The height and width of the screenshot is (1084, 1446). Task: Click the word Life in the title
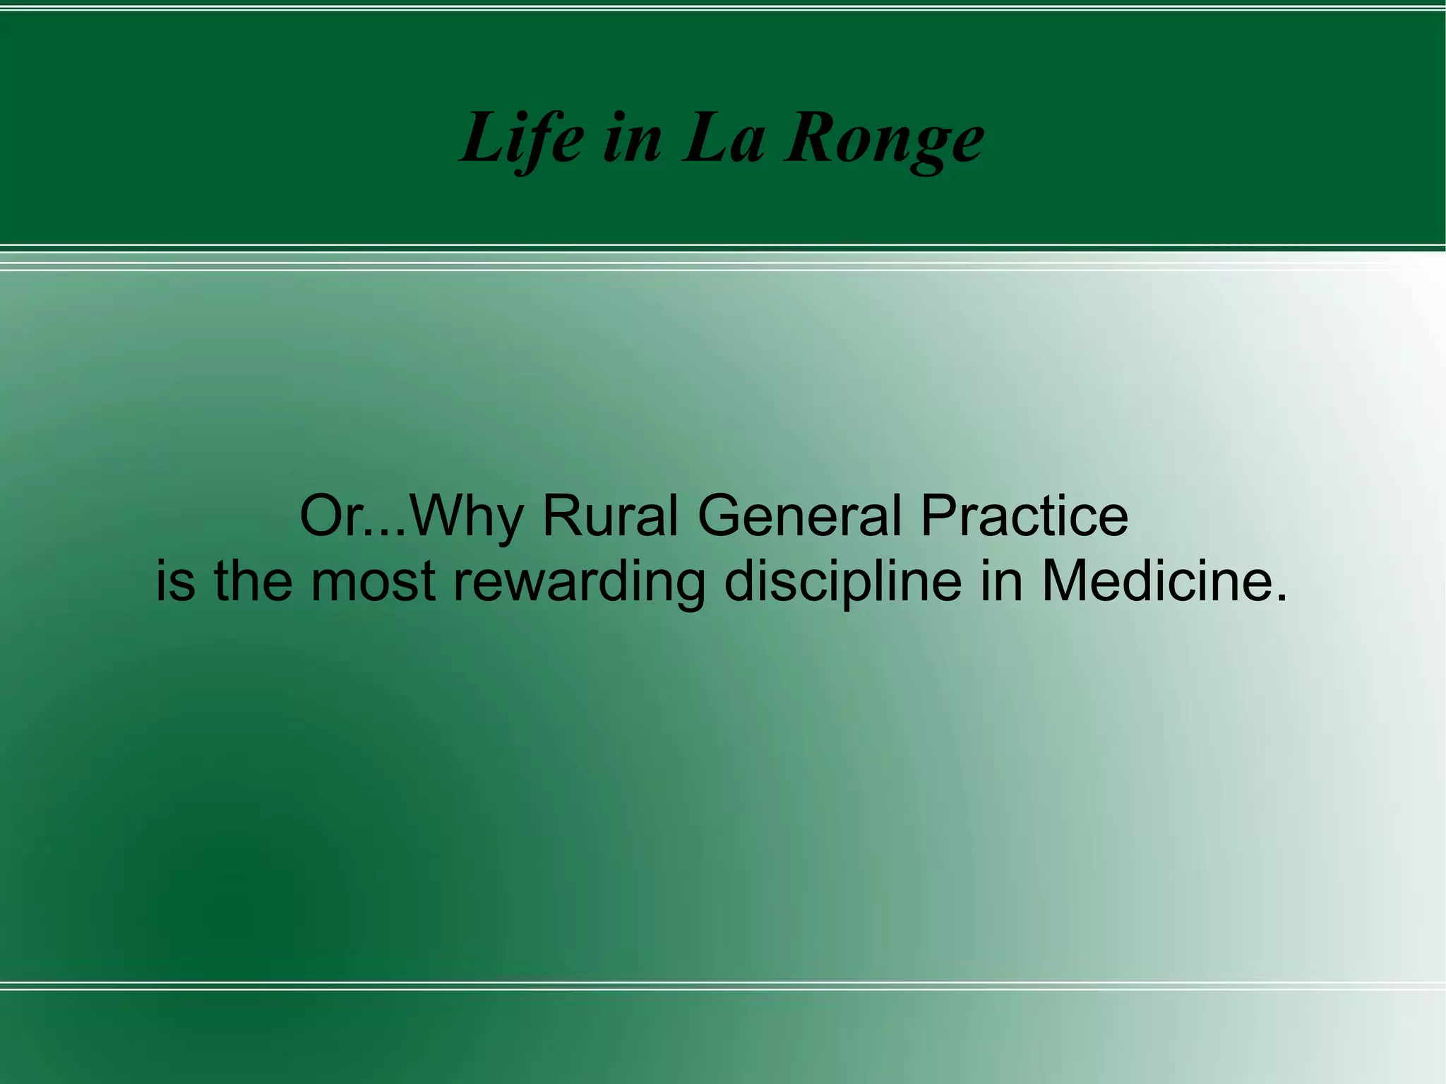pyautogui.click(x=522, y=138)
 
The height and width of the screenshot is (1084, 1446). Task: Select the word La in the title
pyautogui.click(x=723, y=138)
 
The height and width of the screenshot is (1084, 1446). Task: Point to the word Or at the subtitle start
pyautogui.click(x=328, y=516)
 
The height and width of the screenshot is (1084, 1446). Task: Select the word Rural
pyautogui.click(x=610, y=516)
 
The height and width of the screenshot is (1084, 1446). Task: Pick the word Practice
pyautogui.click(x=1024, y=516)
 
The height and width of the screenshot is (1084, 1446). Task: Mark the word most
pyautogui.click(x=373, y=583)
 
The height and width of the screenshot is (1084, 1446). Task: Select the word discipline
pyautogui.click(x=843, y=583)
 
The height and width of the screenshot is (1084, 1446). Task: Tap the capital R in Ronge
pyautogui.click(x=810, y=138)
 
